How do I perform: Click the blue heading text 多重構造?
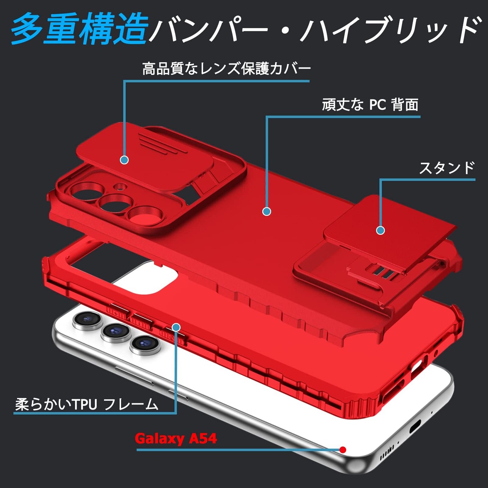(79, 29)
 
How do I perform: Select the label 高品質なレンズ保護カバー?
(226, 69)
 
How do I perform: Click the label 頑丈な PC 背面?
(370, 104)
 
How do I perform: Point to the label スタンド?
(447, 168)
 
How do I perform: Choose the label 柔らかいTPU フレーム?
(87, 404)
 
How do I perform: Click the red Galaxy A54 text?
(176, 438)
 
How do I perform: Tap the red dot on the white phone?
(343, 450)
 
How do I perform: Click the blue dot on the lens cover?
(124, 160)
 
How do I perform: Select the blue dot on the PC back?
(266, 211)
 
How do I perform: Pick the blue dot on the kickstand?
(380, 230)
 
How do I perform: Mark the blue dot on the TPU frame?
(176, 327)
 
